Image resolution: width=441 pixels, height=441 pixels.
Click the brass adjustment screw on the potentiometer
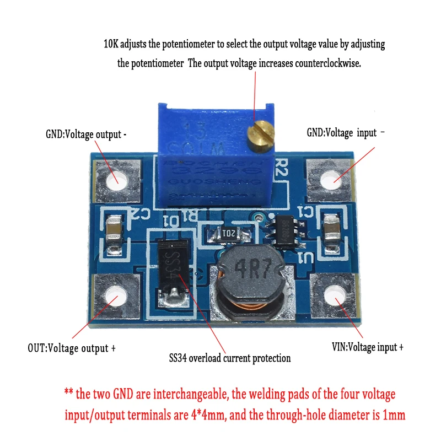261,133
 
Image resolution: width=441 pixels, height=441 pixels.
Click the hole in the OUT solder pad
116,298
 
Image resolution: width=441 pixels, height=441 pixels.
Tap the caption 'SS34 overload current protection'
230,358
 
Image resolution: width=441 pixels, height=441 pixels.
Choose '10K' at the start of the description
112,43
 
